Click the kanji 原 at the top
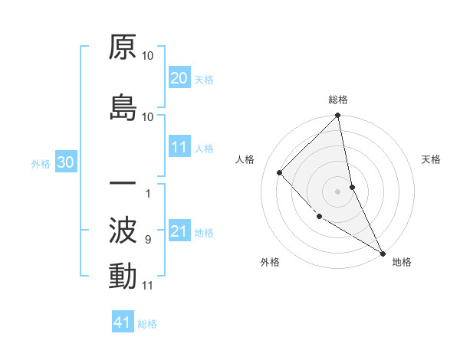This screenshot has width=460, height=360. [123, 47]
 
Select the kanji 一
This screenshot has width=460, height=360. [123, 185]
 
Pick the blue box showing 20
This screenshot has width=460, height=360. [179, 78]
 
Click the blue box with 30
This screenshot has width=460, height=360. [65, 162]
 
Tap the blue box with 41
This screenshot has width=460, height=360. [123, 323]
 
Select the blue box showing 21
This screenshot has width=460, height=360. [179, 231]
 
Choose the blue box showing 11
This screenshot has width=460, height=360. [179, 147]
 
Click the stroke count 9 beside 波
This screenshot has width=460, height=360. [147, 240]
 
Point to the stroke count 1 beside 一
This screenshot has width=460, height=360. [147, 194]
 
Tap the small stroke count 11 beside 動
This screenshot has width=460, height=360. [147, 286]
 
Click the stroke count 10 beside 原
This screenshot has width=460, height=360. [148, 56]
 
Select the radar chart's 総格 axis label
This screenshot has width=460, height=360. [338, 100]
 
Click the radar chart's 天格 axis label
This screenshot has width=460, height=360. [432, 159]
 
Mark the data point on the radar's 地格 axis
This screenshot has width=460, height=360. [382, 252]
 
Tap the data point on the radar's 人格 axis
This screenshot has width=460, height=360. [280, 172]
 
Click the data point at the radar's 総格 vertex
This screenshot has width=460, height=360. [338, 116]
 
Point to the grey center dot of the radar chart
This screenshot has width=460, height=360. [338, 191]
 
